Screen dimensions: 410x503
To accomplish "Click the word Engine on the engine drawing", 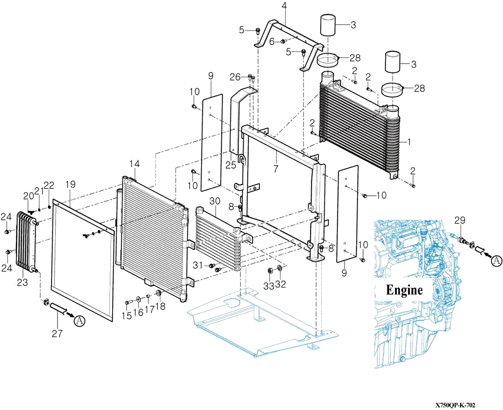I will pos(404,290).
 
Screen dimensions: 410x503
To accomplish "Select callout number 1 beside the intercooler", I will pos(409,142).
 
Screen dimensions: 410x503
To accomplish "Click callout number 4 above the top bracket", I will pos(284,6).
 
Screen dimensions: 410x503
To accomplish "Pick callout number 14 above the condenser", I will pos(134,164).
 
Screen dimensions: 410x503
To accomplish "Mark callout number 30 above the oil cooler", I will pos(214,201).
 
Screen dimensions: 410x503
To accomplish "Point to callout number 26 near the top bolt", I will pos(234,77).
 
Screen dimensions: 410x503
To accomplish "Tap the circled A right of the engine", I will pos(497,261).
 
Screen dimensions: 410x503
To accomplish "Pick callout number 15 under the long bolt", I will pos(126,316).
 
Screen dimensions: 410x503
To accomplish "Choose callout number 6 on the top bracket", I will pos(272,42).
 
